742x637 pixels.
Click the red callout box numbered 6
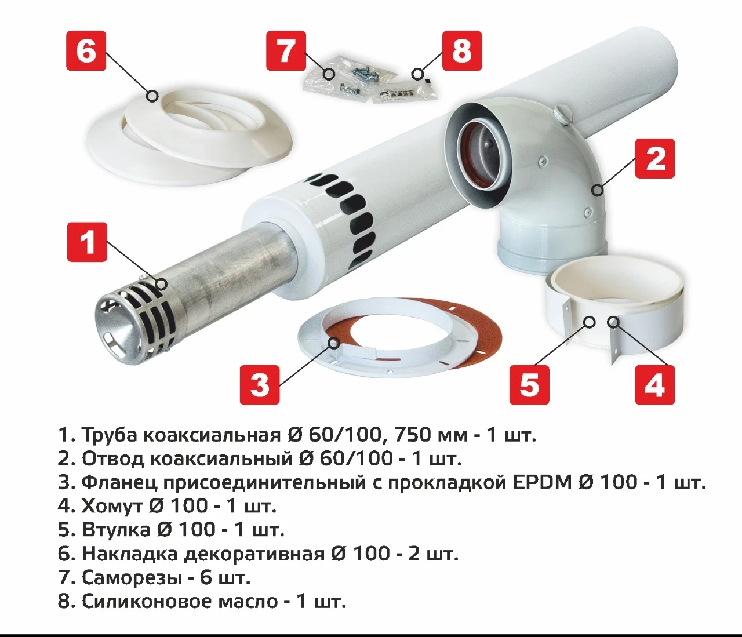[x=86, y=51]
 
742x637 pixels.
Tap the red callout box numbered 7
[x=286, y=51]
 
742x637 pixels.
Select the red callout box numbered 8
[x=461, y=51]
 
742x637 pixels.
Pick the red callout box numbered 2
[x=655, y=158]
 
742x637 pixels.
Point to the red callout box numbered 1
[x=88, y=242]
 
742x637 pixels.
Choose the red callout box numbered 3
[x=260, y=385]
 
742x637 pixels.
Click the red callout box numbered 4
[x=655, y=385]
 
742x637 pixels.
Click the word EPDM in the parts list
[x=543, y=482]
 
